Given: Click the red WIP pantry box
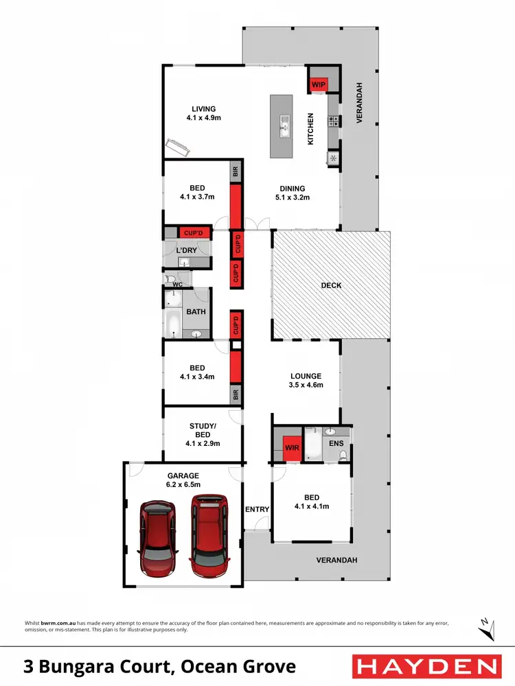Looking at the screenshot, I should point(319,84).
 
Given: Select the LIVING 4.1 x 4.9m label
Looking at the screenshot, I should point(203,113).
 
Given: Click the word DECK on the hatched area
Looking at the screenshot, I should point(331,285).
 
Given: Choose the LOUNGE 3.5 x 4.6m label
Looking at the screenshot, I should point(306,380).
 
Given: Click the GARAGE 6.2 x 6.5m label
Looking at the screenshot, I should point(183,480).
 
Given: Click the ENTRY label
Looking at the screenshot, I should point(257,510).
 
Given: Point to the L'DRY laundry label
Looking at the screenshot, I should point(187,250).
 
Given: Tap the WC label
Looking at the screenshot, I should point(176,283).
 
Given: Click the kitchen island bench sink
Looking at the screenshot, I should point(284,128).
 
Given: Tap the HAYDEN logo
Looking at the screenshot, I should point(426,665).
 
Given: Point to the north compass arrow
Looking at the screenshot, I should point(485,625).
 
